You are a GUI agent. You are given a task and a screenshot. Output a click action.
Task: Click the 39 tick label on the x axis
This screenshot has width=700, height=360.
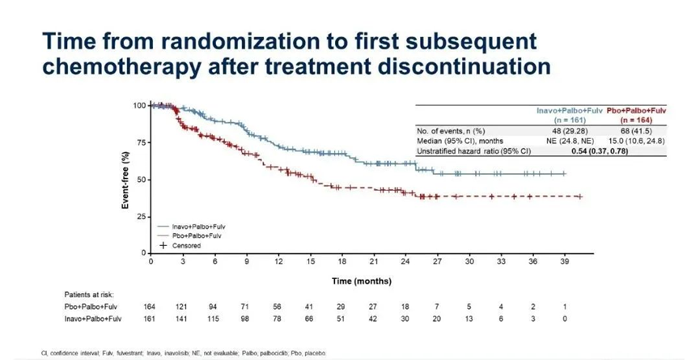coord(565,261)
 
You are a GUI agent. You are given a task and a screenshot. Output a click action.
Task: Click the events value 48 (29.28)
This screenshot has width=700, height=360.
coord(562,129)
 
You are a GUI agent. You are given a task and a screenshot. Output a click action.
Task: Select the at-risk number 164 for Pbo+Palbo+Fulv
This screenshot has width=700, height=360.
coord(151,307)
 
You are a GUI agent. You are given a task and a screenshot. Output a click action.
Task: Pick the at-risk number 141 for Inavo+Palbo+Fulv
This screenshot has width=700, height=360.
coord(183,320)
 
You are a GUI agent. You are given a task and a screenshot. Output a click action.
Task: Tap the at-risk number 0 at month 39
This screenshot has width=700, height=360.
coord(565,320)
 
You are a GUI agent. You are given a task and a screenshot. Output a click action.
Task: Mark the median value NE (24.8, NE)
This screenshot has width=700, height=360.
coord(562,140)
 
